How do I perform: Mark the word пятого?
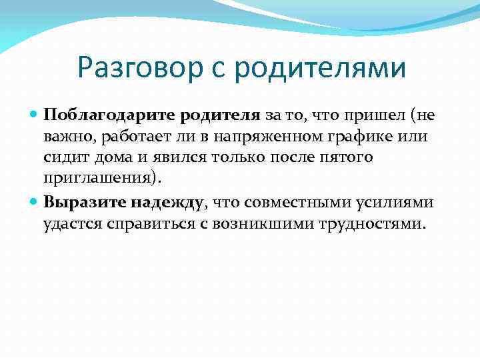tap(348, 158)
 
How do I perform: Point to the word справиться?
tap(154, 223)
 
